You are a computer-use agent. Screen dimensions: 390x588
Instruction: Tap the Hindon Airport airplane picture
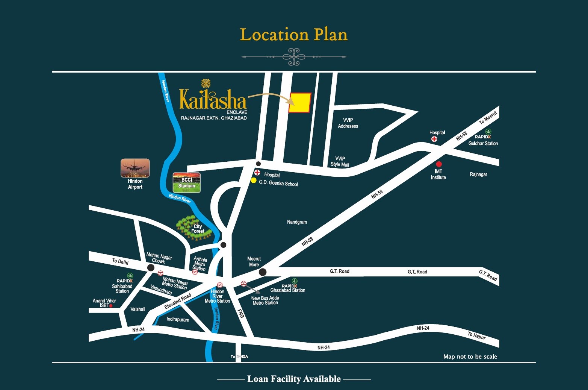click(x=135, y=168)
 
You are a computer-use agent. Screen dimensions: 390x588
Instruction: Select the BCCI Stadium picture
click(x=187, y=182)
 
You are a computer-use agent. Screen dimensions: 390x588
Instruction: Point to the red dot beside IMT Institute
click(x=438, y=164)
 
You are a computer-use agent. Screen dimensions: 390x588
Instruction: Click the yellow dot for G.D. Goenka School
click(x=254, y=181)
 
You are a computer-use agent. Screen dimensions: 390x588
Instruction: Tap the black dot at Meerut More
click(x=263, y=272)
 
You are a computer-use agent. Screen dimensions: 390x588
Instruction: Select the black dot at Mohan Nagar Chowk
click(x=151, y=267)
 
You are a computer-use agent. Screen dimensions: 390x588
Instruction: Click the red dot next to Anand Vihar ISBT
click(x=111, y=306)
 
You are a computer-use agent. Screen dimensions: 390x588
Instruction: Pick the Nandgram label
click(x=297, y=222)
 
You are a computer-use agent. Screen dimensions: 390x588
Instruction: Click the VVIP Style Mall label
click(x=340, y=161)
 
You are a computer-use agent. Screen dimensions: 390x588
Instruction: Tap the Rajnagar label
click(x=478, y=174)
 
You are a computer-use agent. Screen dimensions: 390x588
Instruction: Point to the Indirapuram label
click(x=178, y=319)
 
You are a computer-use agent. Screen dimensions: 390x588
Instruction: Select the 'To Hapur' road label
click(x=477, y=335)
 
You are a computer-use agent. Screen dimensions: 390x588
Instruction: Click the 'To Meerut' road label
click(x=488, y=117)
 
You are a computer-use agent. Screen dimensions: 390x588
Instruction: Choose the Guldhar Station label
click(x=483, y=143)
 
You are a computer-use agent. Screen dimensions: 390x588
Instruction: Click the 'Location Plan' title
click(x=294, y=35)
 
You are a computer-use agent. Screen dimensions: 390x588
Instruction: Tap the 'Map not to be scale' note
click(x=470, y=357)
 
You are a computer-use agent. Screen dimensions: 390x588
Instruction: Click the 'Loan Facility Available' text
click(x=294, y=379)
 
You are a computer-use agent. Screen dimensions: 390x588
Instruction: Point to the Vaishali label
click(x=138, y=309)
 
